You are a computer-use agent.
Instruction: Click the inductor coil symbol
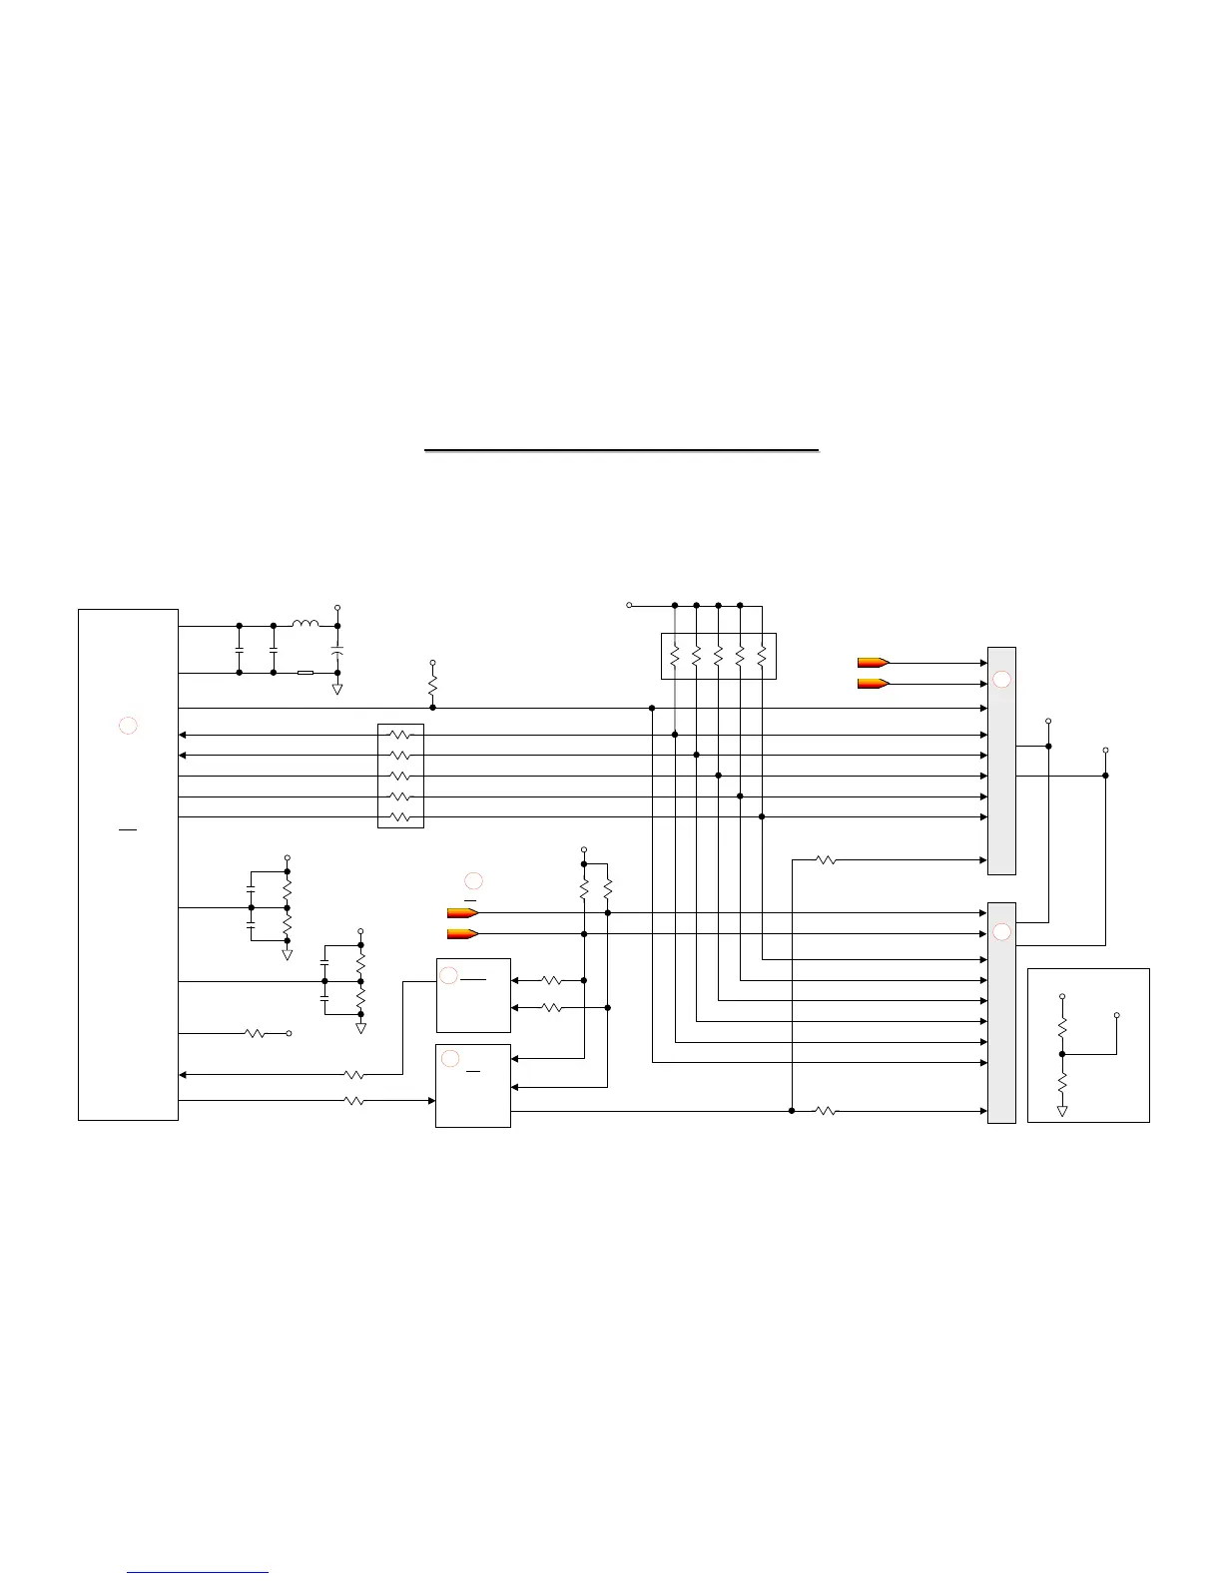[x=305, y=625]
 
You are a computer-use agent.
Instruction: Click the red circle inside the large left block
[x=128, y=726]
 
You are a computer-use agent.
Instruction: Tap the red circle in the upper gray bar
[x=1001, y=680]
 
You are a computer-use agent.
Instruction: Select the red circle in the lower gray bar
[x=1001, y=932]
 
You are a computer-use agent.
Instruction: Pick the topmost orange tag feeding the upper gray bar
[x=873, y=662]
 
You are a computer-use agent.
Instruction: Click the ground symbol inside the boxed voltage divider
[x=1062, y=1110]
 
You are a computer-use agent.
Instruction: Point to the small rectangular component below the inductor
[x=305, y=673]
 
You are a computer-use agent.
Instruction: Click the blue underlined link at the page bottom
[x=198, y=1573]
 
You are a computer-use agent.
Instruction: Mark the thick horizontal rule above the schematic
[x=621, y=451]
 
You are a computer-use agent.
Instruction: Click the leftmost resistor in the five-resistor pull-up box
[x=675, y=656]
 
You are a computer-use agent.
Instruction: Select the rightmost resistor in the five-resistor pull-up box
[x=762, y=656]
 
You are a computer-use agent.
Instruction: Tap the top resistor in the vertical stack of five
[x=400, y=735]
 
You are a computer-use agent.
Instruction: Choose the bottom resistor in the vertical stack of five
[x=400, y=817]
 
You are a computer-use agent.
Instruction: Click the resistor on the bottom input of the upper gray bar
[x=826, y=859]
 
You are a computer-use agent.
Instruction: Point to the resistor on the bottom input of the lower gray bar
[x=826, y=1110]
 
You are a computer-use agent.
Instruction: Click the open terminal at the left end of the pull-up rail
[x=629, y=605]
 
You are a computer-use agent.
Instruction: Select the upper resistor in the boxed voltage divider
[x=1062, y=1026]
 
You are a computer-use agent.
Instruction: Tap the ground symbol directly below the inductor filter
[x=337, y=689]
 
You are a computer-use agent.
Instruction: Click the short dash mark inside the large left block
[x=128, y=828]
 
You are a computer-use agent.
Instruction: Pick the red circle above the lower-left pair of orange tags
[x=473, y=880]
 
